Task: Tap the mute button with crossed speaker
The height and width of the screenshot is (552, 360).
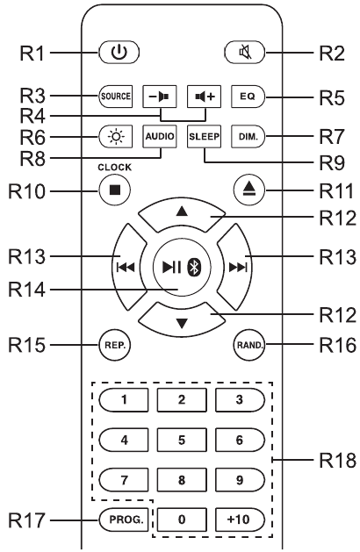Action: pyautogui.click(x=245, y=53)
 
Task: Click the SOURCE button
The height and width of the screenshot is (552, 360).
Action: pyautogui.click(x=116, y=97)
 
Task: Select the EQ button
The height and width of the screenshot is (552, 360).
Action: pyautogui.click(x=248, y=97)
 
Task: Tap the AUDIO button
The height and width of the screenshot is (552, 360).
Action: pyautogui.click(x=160, y=136)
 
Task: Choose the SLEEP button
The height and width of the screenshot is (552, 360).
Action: pyautogui.click(x=204, y=136)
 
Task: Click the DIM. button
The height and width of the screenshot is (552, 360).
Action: pyautogui.click(x=248, y=136)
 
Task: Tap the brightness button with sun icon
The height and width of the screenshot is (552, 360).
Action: pyautogui.click(x=116, y=136)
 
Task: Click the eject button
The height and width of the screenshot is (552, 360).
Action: pyautogui.click(x=249, y=190)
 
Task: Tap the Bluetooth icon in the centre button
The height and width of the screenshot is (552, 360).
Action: pyautogui.click(x=194, y=268)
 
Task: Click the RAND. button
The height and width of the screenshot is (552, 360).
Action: pyautogui.click(x=249, y=345)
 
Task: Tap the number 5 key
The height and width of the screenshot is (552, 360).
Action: pyautogui.click(x=182, y=440)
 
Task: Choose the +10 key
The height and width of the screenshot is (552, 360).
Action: pyautogui.click(x=240, y=520)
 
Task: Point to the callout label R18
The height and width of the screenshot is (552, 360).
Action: pyautogui.click(x=337, y=460)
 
